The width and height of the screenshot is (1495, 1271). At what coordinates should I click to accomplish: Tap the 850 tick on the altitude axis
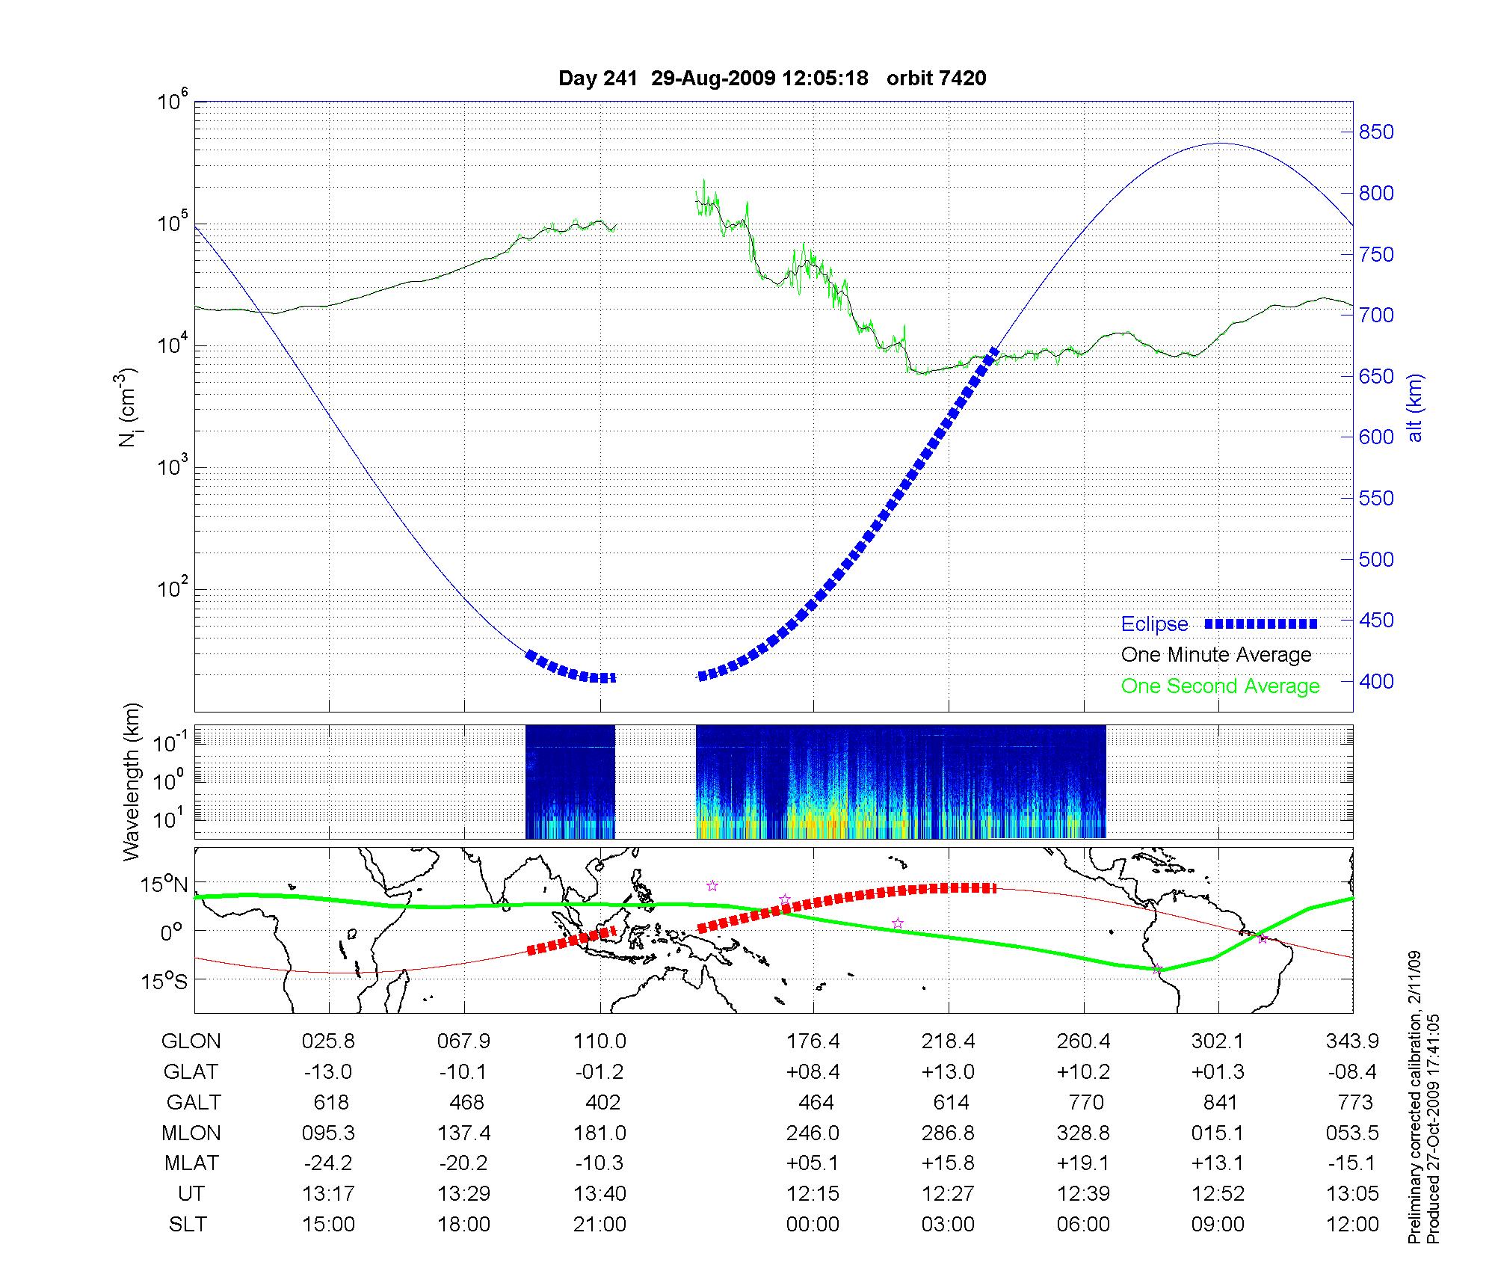[1376, 132]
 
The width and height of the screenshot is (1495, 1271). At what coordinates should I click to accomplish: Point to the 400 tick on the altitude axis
[1376, 682]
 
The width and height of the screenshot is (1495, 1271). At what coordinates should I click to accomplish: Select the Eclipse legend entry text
[1154, 624]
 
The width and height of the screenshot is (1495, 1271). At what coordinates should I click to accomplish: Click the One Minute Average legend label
[1216, 655]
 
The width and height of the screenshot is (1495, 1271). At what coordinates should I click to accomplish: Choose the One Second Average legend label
[1220, 686]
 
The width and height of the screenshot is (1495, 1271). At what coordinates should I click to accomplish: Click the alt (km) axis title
[1416, 407]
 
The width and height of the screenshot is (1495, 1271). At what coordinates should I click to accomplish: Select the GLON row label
[191, 1041]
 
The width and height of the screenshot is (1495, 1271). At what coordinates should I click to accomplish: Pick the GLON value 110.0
[599, 1041]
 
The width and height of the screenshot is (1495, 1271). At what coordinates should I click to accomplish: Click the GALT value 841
[1220, 1103]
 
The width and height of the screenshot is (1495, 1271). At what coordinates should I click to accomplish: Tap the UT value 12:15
[813, 1194]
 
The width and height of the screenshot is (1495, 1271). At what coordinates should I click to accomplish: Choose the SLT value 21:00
[599, 1225]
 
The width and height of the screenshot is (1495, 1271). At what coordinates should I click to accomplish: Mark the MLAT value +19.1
[1083, 1163]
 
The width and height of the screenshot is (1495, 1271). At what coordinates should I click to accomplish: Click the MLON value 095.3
[328, 1133]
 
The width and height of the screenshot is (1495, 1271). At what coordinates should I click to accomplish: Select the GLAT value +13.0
[948, 1072]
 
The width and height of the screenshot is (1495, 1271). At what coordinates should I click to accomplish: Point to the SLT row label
[188, 1225]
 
